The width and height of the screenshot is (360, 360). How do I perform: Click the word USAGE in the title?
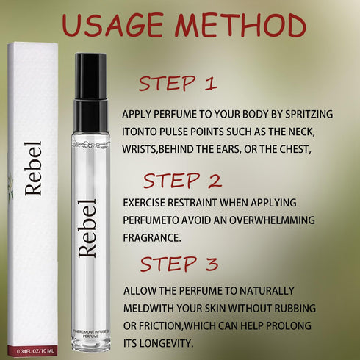[112, 25]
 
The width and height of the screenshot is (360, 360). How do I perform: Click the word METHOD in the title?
[240, 25]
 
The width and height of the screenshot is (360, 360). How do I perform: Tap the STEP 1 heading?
[178, 84]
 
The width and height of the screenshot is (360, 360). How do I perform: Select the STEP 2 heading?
[182, 181]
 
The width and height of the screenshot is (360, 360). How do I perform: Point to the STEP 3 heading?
[179, 264]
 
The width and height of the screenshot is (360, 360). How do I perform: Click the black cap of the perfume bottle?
[91, 93]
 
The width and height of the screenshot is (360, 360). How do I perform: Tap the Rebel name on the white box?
[33, 168]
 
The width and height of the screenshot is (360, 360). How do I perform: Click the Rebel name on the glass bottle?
[87, 228]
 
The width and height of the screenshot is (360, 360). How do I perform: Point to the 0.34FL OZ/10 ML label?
[35, 351]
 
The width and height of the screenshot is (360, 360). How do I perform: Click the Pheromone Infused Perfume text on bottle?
[91, 334]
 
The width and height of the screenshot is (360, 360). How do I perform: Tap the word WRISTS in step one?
[139, 149]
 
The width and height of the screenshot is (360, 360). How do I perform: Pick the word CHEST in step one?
[295, 149]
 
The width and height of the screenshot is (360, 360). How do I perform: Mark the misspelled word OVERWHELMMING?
[272, 220]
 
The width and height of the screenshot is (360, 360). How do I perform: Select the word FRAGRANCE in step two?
[152, 238]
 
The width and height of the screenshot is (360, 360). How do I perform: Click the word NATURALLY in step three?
[267, 291]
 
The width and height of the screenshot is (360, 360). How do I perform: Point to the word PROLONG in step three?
[289, 325]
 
